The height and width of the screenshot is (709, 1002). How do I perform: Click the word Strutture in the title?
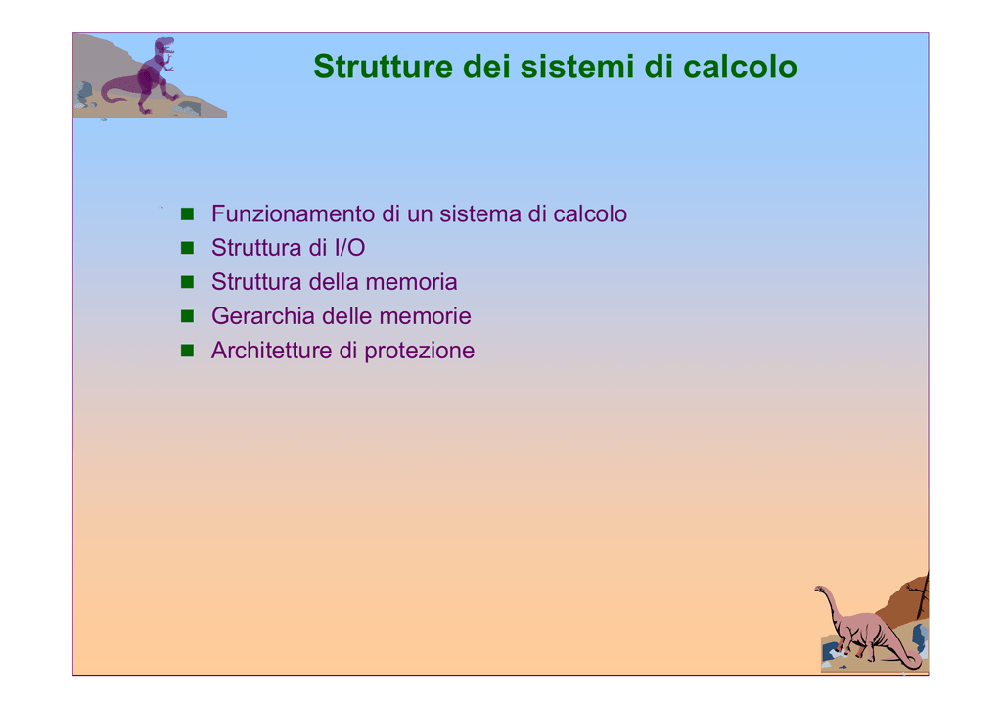[383, 67]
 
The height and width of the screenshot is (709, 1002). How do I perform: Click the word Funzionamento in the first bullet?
[293, 213]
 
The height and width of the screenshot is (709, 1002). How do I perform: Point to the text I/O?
[349, 248]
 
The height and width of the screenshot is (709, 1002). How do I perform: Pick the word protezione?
[419, 351]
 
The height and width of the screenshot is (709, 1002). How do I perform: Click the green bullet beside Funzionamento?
[187, 213]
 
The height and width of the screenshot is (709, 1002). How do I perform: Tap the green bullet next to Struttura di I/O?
[187, 248]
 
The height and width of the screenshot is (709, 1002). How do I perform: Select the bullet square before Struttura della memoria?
[187, 282]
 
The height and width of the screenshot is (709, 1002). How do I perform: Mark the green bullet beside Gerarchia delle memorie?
[187, 316]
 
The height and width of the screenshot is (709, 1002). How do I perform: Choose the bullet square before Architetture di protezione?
[187, 351]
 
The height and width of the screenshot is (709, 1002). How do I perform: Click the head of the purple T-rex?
[164, 46]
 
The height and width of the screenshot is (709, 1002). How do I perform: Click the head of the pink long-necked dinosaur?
[820, 589]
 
